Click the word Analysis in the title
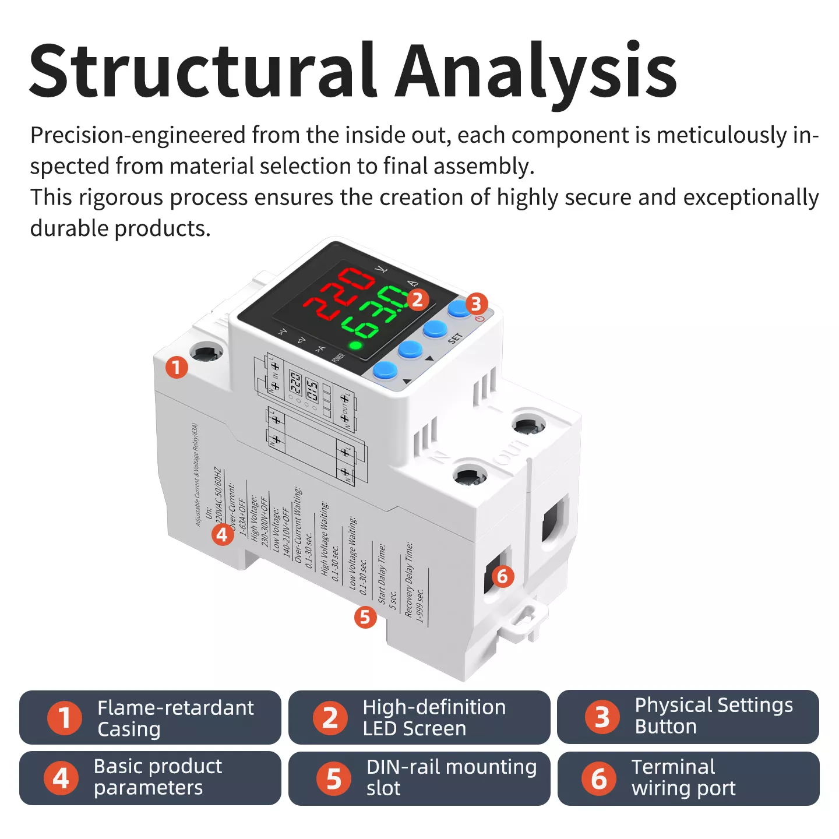click(x=536, y=71)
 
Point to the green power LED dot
click(x=355, y=346)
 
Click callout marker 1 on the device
click(x=176, y=368)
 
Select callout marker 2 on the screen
click(x=417, y=299)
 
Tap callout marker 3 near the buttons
click(x=475, y=304)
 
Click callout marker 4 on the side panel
click(x=222, y=534)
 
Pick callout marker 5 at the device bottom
click(x=365, y=616)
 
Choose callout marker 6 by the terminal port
click(x=502, y=577)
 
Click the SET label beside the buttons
click(x=455, y=338)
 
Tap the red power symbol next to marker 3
click(x=480, y=319)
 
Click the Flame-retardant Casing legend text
click(x=175, y=718)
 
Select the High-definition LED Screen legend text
click(x=434, y=717)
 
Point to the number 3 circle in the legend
click(x=601, y=717)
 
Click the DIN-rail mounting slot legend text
click(x=451, y=777)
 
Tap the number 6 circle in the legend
click(x=598, y=778)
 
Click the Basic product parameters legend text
click(x=157, y=777)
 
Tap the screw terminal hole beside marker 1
click(x=207, y=353)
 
